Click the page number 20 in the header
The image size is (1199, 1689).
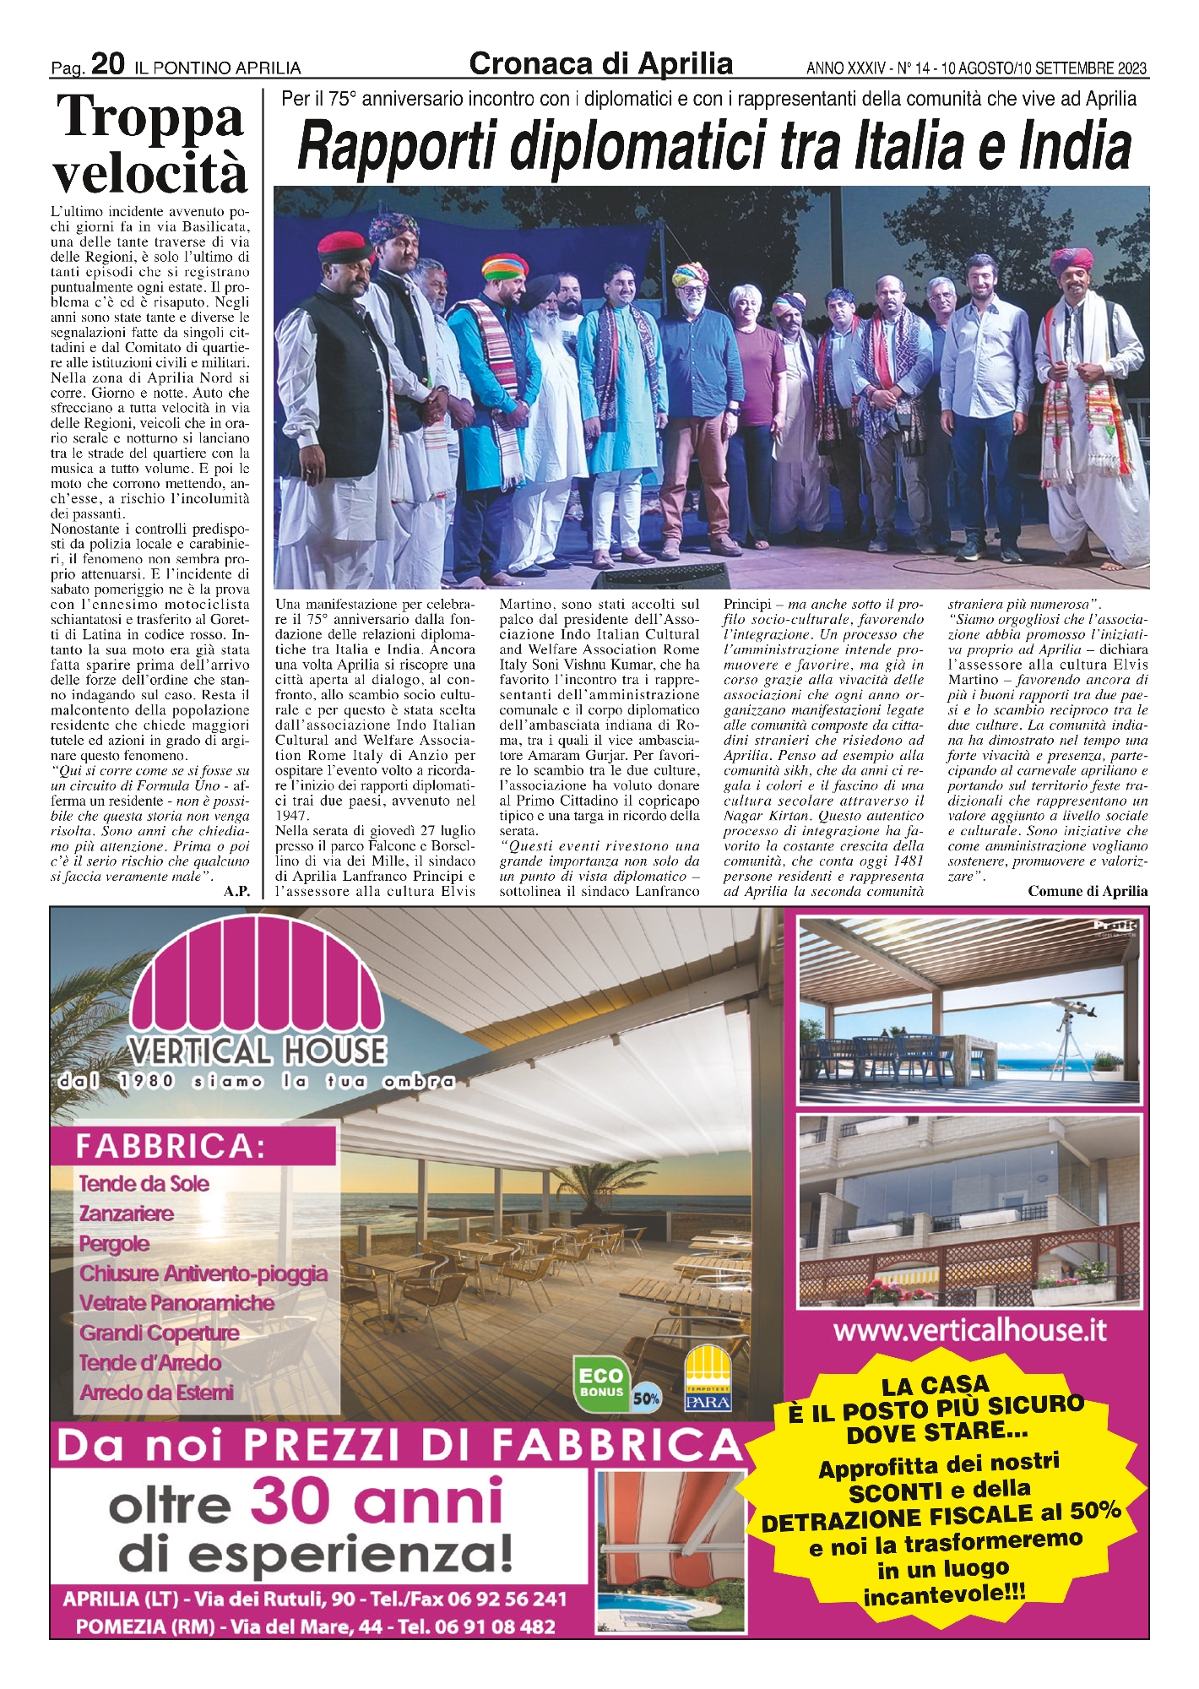click(x=108, y=64)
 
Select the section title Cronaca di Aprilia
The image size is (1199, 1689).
click(x=600, y=64)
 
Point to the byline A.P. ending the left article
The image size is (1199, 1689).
click(x=236, y=892)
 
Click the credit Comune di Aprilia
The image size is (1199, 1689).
click(x=1088, y=891)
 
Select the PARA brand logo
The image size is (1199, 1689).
click(x=708, y=1378)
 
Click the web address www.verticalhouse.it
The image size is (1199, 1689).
click(x=969, y=1331)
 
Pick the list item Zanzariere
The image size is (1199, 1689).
click(x=127, y=1214)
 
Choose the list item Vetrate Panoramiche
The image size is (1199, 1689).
click(x=176, y=1303)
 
